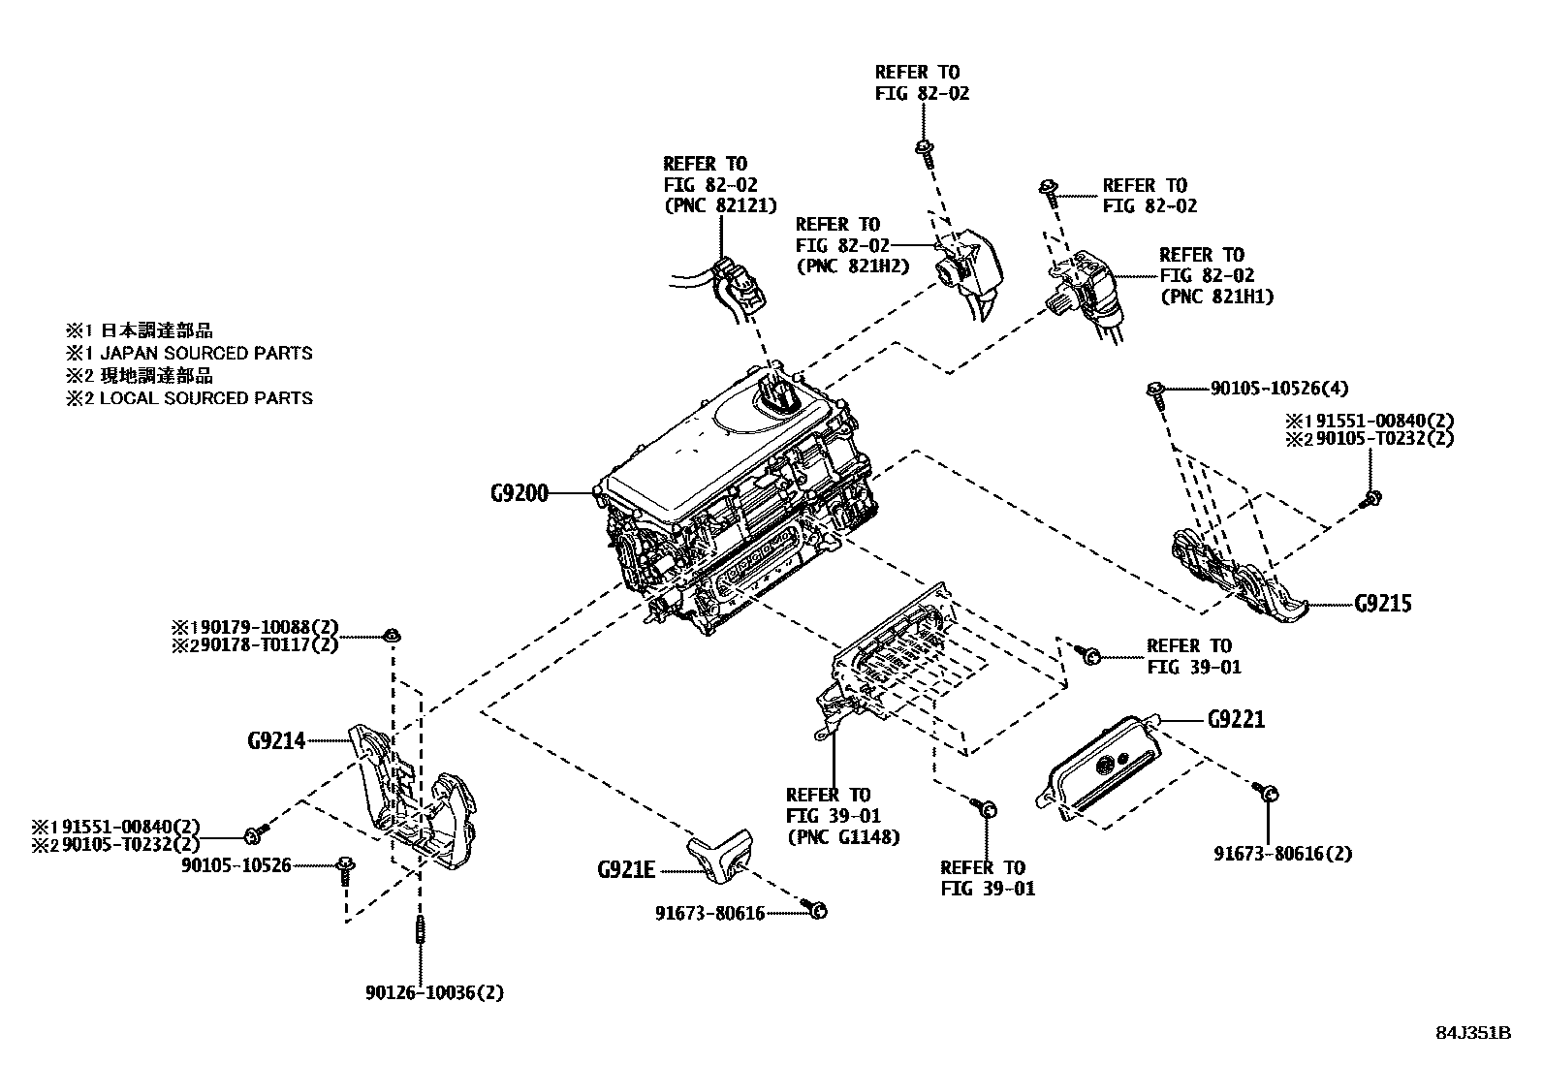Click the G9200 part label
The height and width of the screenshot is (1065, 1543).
pos(519,493)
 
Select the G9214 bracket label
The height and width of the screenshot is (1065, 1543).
pos(276,741)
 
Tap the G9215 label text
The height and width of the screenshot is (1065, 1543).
pos(1383,604)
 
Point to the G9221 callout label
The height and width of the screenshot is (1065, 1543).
pos(1236,720)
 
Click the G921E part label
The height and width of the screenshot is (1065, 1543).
pos(626,870)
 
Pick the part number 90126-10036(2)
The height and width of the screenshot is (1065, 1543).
pos(434,992)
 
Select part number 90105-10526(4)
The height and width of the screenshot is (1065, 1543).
pos(1278,389)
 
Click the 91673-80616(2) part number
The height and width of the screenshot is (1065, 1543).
pos(1282,853)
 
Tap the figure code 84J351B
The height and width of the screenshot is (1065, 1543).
pos(1473,1032)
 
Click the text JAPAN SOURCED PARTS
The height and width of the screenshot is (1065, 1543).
pos(206,353)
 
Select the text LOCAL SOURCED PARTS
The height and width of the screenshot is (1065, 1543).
pos(206,397)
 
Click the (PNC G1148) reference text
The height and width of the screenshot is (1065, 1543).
pos(842,837)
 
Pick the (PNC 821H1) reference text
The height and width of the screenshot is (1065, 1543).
pos(1216,297)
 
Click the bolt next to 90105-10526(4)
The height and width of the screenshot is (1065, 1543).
pos(1156,392)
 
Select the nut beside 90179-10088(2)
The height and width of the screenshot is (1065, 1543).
pos(393,636)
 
